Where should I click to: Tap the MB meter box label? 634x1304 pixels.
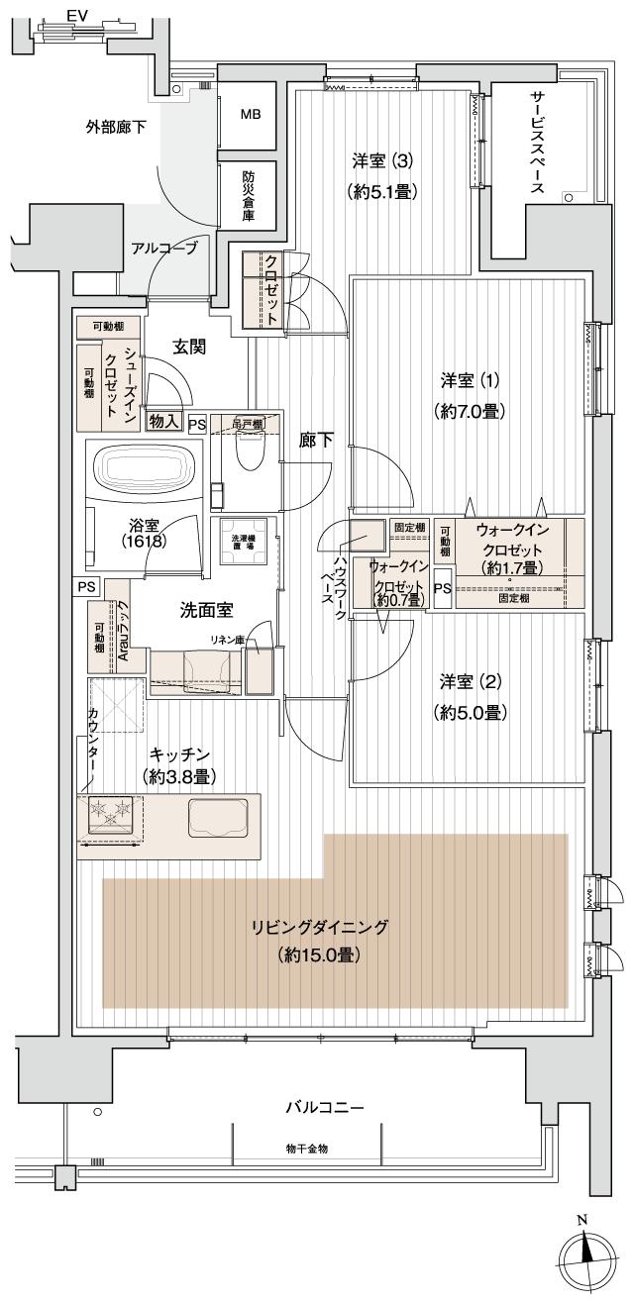point(252,114)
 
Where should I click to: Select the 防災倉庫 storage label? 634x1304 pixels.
point(252,194)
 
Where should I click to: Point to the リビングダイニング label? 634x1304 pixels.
point(319,928)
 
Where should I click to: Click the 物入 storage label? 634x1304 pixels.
point(164,421)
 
